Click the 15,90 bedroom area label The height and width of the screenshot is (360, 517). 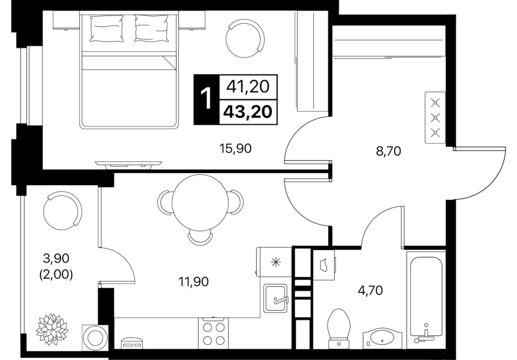235,149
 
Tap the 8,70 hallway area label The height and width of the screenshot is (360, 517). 388,151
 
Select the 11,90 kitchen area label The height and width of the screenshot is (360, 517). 194,282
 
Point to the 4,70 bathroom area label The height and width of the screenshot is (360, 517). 370,291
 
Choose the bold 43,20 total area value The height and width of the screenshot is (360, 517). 248,112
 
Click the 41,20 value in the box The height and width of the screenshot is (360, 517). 248,87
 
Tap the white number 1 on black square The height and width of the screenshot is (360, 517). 207,99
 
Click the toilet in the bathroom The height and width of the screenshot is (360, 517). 339,327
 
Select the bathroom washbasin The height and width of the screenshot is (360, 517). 382,338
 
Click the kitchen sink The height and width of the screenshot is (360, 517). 275,298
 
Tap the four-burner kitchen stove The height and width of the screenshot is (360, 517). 213,333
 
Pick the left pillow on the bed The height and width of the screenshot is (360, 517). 106,29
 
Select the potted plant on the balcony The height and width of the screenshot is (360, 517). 52,327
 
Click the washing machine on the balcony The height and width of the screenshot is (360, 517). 95,337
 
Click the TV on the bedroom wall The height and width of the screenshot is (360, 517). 128,164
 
